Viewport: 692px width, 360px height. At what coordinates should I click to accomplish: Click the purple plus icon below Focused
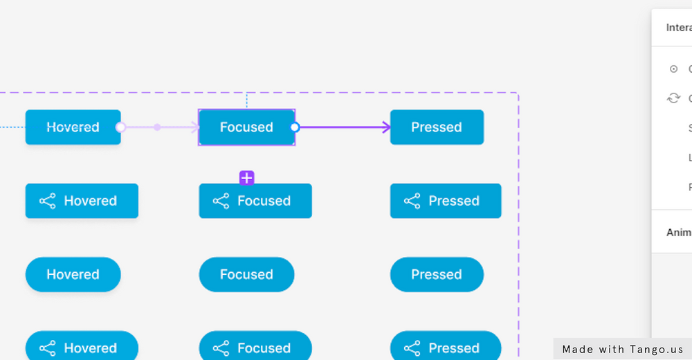coord(247,178)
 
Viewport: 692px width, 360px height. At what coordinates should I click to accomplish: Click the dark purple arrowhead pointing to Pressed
coord(385,127)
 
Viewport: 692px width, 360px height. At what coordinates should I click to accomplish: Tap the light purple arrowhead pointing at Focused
coord(194,127)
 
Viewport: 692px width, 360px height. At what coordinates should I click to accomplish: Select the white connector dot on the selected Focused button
coord(295,127)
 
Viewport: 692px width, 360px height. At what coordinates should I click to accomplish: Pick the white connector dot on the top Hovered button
coord(120,127)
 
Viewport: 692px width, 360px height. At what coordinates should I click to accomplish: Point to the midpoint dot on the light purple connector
coord(157,127)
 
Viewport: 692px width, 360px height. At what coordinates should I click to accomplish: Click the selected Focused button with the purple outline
coord(246,127)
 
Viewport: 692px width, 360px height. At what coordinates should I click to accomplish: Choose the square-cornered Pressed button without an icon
coord(437,127)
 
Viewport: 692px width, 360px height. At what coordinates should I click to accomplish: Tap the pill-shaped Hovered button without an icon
coord(73,275)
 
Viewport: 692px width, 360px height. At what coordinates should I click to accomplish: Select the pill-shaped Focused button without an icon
coord(246,275)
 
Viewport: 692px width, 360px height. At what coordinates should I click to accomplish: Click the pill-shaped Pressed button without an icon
coord(437,275)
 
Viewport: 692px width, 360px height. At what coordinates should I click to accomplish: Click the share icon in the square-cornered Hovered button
coord(47,201)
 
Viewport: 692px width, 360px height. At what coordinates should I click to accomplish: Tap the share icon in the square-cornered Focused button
coord(221,201)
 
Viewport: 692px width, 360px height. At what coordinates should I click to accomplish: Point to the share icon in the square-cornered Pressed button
coord(412,201)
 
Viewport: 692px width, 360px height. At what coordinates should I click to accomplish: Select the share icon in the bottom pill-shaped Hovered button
coord(47,348)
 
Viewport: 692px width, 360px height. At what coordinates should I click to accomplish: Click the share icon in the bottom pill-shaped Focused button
coord(221,348)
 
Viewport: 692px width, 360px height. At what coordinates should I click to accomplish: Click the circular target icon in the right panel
coord(674,69)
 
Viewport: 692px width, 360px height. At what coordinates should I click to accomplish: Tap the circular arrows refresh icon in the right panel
coord(674,98)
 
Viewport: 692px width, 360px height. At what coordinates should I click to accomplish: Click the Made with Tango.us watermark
coord(622,350)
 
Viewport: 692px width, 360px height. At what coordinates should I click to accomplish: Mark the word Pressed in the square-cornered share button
coord(454,201)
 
